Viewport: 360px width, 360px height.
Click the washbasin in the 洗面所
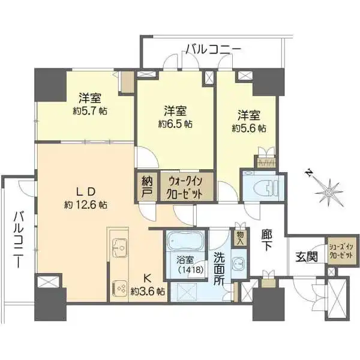[238, 262]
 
